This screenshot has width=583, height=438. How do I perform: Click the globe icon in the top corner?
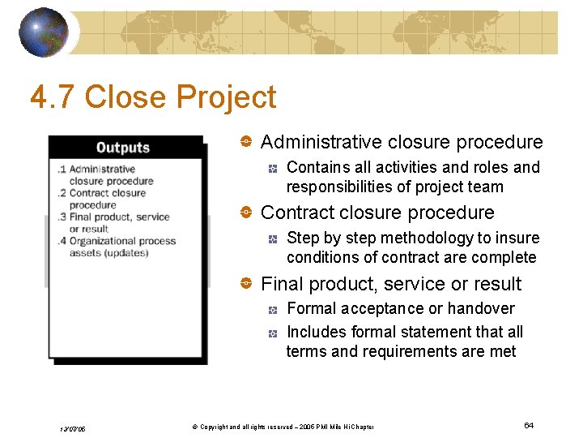44,32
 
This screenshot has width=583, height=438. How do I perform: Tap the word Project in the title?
227,97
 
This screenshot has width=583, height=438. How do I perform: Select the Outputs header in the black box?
123,148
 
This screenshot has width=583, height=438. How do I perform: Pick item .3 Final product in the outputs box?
113,217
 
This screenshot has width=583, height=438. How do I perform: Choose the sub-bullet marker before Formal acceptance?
274,309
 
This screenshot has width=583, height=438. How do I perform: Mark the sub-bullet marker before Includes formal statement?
274,333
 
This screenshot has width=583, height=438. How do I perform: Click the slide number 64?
529,426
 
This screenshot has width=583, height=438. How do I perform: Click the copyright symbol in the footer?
194,427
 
